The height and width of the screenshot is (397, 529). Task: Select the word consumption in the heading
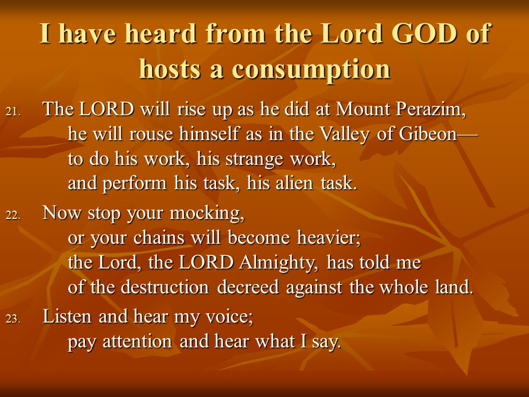pos(311,69)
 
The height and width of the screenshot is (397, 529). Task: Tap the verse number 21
pos(13,111)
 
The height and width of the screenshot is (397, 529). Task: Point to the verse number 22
pos(13,215)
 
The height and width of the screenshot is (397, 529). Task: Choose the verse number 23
pos(13,319)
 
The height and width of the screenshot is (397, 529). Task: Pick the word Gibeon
pos(428,133)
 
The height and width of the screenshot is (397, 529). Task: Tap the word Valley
pos(344,135)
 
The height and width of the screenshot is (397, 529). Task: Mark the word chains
pos(159,238)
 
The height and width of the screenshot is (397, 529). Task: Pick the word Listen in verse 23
pos(67,316)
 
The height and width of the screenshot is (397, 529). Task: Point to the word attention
pos(137,342)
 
